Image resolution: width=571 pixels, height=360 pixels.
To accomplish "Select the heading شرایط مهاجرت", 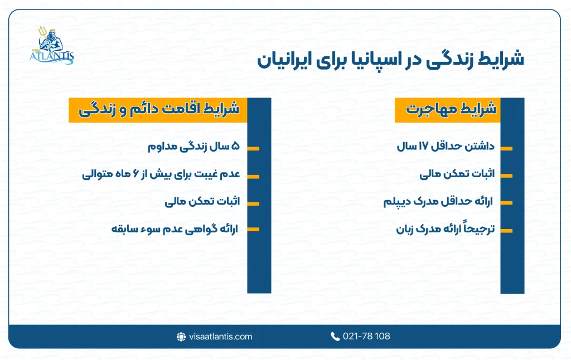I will (x=451, y=110).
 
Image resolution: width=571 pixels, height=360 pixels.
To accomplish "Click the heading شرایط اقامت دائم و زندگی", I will (x=158, y=110).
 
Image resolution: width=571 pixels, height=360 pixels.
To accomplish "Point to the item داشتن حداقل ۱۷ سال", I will (x=446, y=148).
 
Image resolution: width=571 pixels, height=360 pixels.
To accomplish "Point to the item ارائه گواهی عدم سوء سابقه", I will (x=175, y=228).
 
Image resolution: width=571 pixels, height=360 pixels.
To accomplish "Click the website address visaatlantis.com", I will (x=221, y=337).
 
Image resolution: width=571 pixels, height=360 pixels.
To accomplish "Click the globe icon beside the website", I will (x=181, y=337).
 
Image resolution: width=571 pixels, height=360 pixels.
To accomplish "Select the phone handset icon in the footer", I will (x=335, y=337).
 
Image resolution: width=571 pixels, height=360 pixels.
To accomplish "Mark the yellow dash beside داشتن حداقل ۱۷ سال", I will (x=506, y=149).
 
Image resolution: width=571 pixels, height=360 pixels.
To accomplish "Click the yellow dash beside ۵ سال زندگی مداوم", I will (x=253, y=149).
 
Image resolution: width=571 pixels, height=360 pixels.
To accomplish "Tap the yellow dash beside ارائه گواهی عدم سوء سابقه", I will (x=253, y=229).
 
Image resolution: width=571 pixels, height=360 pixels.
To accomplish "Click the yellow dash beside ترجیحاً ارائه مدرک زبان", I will (x=506, y=229).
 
